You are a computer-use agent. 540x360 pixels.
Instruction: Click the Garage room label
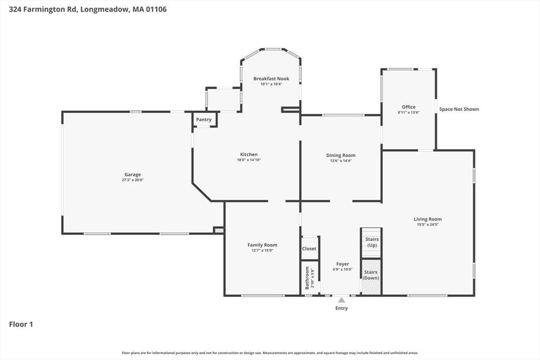click(x=132, y=174)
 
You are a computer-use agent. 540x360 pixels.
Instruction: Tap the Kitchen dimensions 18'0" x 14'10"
click(x=249, y=160)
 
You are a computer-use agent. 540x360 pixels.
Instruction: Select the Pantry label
click(x=204, y=120)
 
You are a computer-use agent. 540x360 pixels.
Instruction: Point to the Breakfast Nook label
click(x=271, y=79)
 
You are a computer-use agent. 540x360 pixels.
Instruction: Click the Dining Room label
click(x=341, y=155)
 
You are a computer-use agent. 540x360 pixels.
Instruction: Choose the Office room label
click(x=408, y=107)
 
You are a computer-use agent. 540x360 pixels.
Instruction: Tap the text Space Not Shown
click(x=459, y=109)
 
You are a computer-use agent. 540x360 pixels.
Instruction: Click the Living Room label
click(x=427, y=219)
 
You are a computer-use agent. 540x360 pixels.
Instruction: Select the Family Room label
click(x=262, y=245)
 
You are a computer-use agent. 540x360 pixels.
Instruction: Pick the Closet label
click(x=309, y=248)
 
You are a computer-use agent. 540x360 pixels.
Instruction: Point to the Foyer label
click(x=342, y=264)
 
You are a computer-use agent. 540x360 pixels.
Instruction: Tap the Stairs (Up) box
click(x=372, y=242)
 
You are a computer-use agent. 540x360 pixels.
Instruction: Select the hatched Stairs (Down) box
click(x=371, y=276)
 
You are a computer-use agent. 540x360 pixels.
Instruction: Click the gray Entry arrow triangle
click(x=341, y=300)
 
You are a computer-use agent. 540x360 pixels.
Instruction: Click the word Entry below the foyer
click(x=341, y=308)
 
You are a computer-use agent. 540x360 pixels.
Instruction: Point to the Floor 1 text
click(x=21, y=325)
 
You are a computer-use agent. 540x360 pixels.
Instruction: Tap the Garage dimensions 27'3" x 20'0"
click(x=132, y=180)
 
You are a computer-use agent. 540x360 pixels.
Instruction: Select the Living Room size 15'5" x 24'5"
click(x=427, y=225)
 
